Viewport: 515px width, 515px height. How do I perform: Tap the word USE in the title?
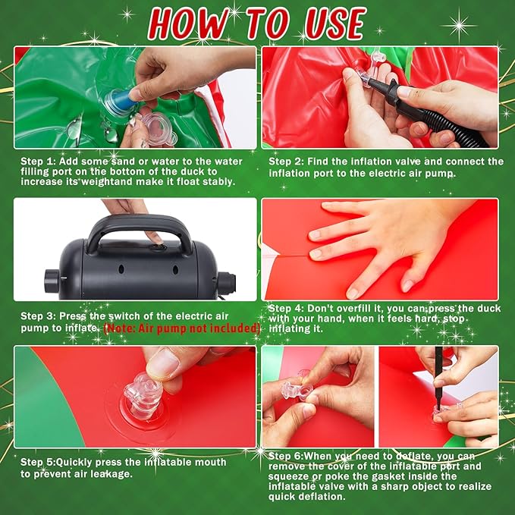(335, 24)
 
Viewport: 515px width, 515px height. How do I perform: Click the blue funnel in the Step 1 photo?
(121, 101)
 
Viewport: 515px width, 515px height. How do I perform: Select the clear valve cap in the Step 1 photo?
(158, 127)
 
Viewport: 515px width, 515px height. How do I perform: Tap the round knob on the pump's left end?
(52, 280)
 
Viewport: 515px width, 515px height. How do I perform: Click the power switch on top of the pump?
(158, 247)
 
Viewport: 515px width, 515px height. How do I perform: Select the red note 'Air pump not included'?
(182, 328)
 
